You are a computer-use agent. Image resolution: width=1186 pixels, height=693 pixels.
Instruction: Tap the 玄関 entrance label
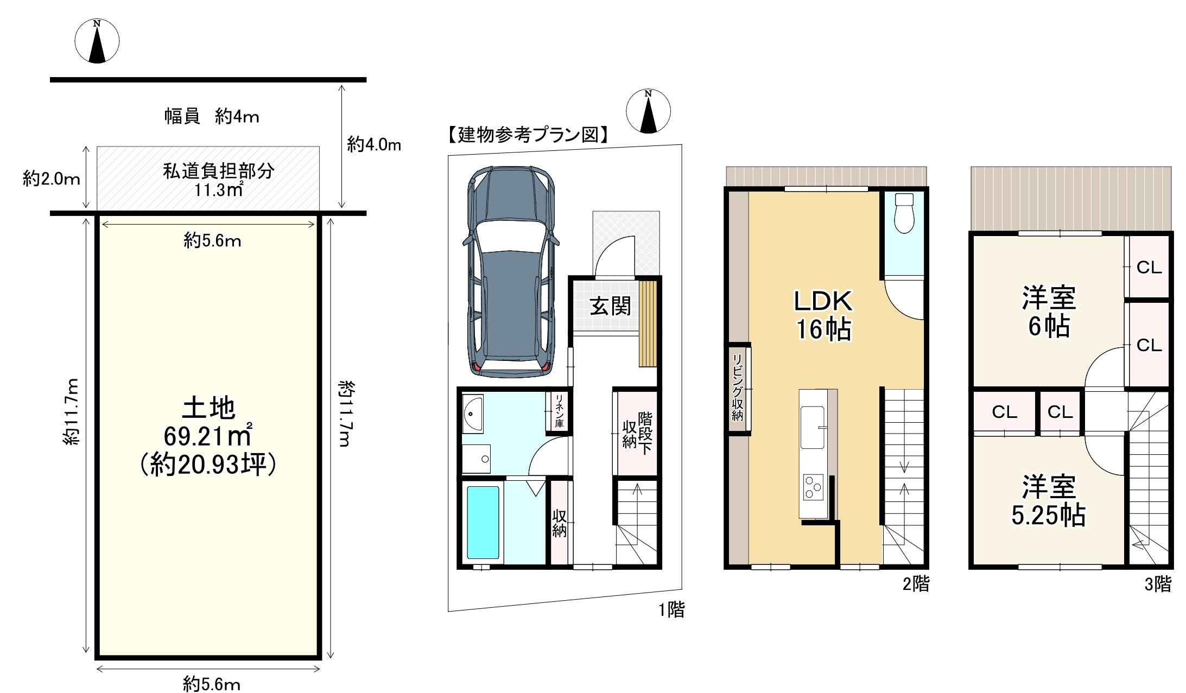[x=610, y=307]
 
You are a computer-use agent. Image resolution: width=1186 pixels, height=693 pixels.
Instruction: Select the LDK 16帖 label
[x=823, y=315]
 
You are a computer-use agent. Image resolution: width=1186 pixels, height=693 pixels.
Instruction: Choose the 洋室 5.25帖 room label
[x=1049, y=501]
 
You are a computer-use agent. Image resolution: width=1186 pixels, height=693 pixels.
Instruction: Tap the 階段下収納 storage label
[x=637, y=433]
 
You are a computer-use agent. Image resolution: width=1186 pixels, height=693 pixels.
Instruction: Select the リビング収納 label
[x=738, y=388]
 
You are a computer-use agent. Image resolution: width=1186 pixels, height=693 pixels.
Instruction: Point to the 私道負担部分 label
[x=218, y=179]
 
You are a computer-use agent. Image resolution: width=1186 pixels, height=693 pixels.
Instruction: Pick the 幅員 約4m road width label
[x=212, y=116]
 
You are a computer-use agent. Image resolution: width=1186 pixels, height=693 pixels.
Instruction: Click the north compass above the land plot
[x=97, y=41]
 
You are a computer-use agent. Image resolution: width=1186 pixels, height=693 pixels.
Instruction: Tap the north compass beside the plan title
[x=648, y=111]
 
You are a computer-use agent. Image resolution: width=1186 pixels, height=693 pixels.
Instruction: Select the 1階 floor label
[x=671, y=610]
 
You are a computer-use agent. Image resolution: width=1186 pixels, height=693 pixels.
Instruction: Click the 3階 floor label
[x=1158, y=584]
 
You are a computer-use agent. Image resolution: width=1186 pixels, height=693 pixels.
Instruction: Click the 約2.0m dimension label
[x=52, y=179]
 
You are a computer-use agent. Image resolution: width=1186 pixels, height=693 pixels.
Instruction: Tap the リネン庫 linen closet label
[x=559, y=411]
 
